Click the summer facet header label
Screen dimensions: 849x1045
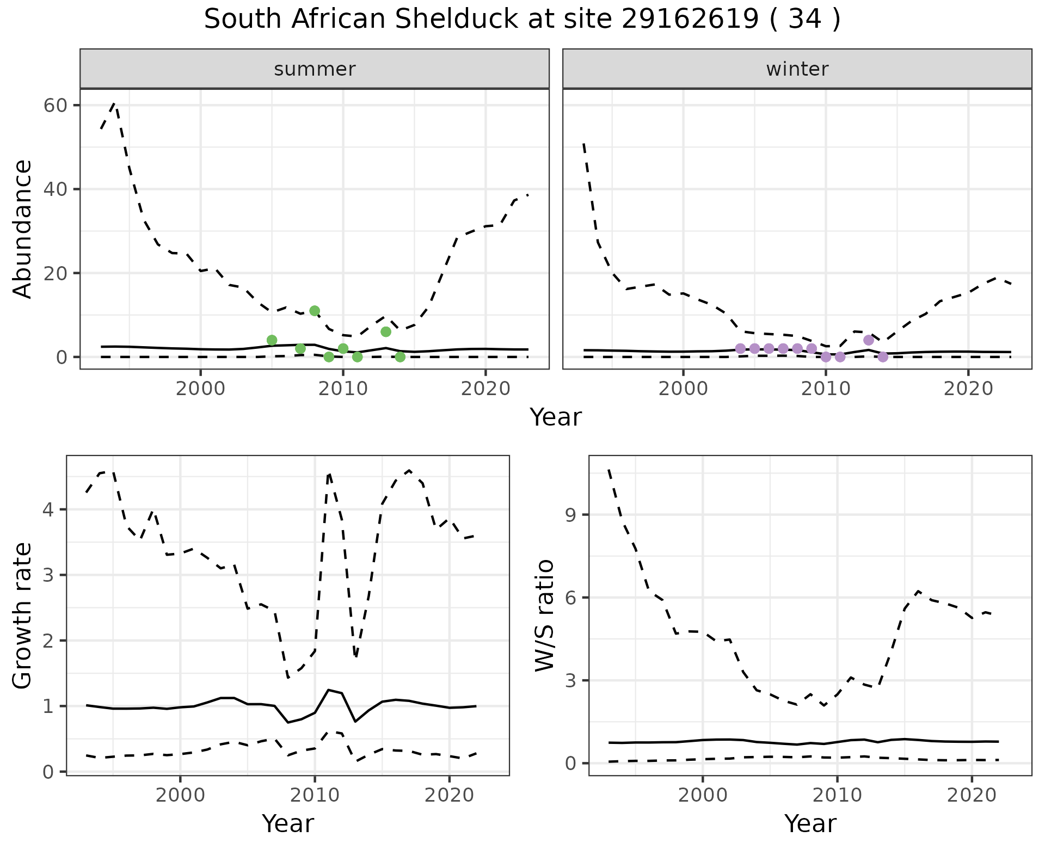pos(315,69)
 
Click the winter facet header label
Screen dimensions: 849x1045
pos(797,69)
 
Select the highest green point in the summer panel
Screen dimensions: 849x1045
pos(315,311)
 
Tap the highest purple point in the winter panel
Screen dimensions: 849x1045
pos(869,340)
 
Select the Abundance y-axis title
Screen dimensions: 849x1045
pos(22,229)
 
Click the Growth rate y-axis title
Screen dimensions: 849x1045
pos(22,616)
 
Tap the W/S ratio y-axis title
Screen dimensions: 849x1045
pos(545,615)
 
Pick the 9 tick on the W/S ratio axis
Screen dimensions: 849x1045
pos(570,515)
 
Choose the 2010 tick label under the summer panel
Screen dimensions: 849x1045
pos(343,389)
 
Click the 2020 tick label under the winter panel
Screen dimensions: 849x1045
pos(968,389)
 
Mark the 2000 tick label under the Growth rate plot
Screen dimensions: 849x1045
pos(180,795)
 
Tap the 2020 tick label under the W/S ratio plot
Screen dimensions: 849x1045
pos(972,795)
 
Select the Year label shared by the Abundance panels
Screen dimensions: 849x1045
pos(556,417)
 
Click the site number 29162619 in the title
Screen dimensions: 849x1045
pos(689,20)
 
